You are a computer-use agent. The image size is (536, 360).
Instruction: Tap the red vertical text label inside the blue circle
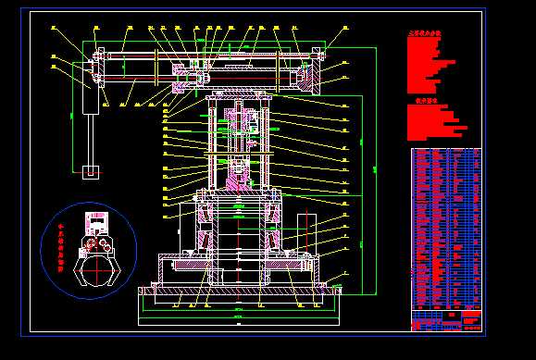(61, 245)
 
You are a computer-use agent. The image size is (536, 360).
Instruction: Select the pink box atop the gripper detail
(96, 222)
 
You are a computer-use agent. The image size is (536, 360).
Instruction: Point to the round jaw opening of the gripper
(96, 271)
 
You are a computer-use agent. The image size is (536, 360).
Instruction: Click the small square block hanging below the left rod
(91, 171)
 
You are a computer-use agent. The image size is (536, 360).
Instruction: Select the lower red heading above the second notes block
(425, 101)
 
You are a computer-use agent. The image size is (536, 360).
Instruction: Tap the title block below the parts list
(445, 320)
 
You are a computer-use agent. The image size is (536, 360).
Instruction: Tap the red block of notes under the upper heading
(430, 65)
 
